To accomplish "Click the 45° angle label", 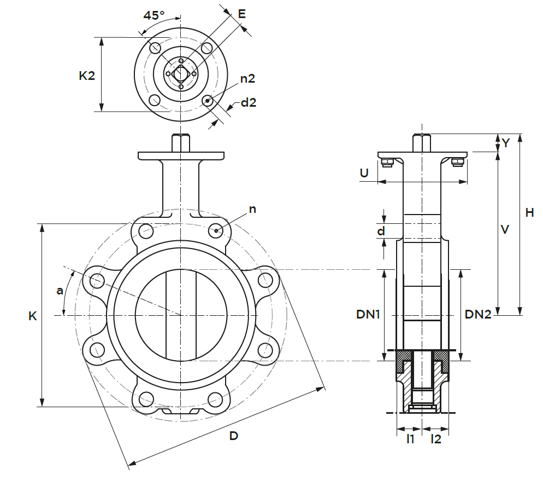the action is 154,15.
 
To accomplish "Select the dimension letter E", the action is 241,14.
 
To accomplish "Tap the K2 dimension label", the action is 86,76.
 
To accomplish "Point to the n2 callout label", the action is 247,79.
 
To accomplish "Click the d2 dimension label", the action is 249,102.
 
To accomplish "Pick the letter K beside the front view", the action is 33,316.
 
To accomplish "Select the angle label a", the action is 60,290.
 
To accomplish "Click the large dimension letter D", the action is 234,436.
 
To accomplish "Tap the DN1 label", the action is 368,314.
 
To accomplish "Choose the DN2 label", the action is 478,314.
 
